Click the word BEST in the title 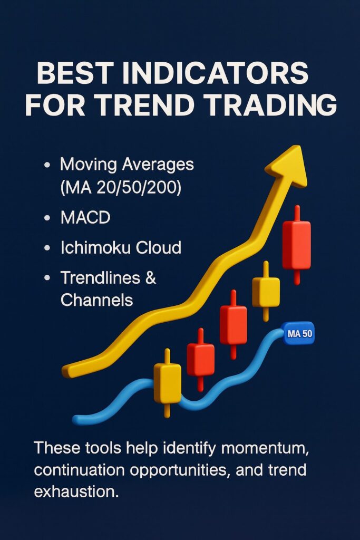point(75,73)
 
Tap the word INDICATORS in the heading point(215,73)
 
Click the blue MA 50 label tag point(299,333)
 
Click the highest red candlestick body point(297,245)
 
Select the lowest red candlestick point(201,360)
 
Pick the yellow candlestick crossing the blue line point(167,383)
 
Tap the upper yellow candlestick point(266,292)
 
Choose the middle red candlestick point(233,324)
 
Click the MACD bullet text point(85,218)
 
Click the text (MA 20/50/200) point(121,188)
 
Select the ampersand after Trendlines point(151,277)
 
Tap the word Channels point(96,300)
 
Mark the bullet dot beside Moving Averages point(47,165)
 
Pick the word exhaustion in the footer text point(76,491)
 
